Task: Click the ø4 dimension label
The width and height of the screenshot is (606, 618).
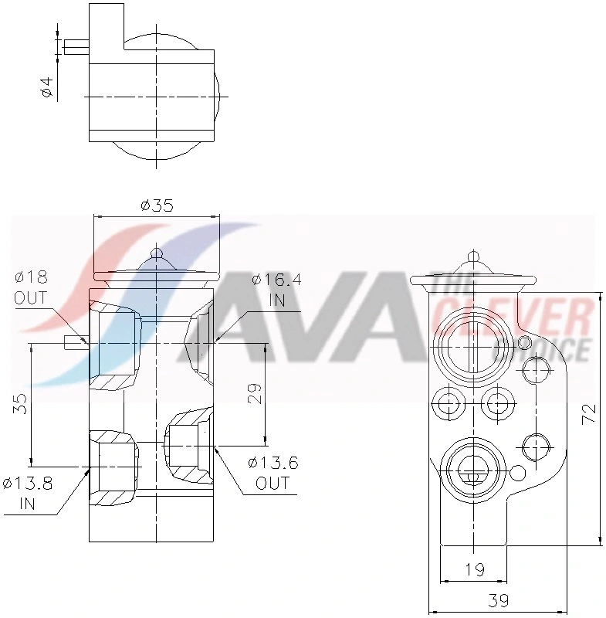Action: [x=46, y=87]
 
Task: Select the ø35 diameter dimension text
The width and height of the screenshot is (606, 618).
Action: [x=157, y=205]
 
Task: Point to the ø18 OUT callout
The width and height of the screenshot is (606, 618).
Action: [x=30, y=287]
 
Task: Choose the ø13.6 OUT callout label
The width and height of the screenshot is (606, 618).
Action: [x=273, y=473]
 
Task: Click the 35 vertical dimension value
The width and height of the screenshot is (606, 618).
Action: [x=21, y=403]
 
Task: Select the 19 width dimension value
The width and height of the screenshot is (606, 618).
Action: [x=475, y=569]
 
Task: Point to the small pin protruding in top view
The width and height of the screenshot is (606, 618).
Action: [x=76, y=47]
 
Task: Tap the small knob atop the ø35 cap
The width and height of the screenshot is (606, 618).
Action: [x=157, y=253]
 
